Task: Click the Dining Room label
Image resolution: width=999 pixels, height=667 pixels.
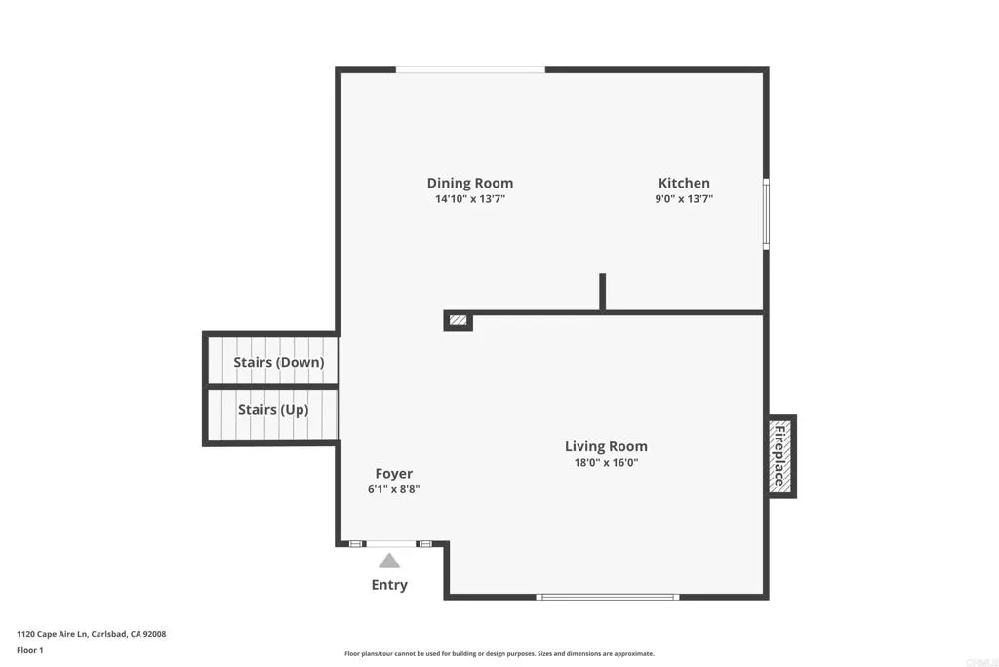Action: [x=469, y=183]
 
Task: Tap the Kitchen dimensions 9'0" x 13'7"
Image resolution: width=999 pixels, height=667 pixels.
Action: [x=684, y=199]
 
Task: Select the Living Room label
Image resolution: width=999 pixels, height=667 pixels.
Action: [x=606, y=446]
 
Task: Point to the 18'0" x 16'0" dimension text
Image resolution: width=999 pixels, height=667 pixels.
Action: [x=606, y=463]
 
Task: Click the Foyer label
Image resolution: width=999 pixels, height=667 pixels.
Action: [x=393, y=473]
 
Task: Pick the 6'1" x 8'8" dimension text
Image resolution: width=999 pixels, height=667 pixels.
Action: [x=393, y=489]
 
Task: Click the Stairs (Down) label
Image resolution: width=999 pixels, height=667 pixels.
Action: [x=278, y=362]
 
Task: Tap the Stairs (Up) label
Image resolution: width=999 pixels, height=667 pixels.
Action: [x=273, y=410]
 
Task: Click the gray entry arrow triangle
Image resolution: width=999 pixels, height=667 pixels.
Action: [x=389, y=561]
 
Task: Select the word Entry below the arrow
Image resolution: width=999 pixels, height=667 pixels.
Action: [x=389, y=585]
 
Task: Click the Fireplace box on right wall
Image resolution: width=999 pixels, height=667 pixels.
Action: [x=781, y=456]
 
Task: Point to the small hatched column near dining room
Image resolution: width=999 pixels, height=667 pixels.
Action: [x=458, y=319]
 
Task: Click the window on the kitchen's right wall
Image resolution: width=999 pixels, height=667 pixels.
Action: [x=766, y=213]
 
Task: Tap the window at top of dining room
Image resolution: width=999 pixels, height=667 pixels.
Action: [x=470, y=69]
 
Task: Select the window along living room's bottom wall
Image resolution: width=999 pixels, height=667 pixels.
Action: [x=607, y=596]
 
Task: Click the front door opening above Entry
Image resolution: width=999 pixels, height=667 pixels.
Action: [x=389, y=543]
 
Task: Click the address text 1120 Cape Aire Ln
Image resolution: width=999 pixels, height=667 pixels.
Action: [x=92, y=634]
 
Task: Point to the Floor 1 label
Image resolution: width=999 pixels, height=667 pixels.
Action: [x=31, y=649]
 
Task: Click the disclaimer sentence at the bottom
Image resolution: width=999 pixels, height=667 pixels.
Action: [x=499, y=654]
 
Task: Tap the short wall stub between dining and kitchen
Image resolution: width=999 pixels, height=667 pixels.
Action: [x=603, y=292]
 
